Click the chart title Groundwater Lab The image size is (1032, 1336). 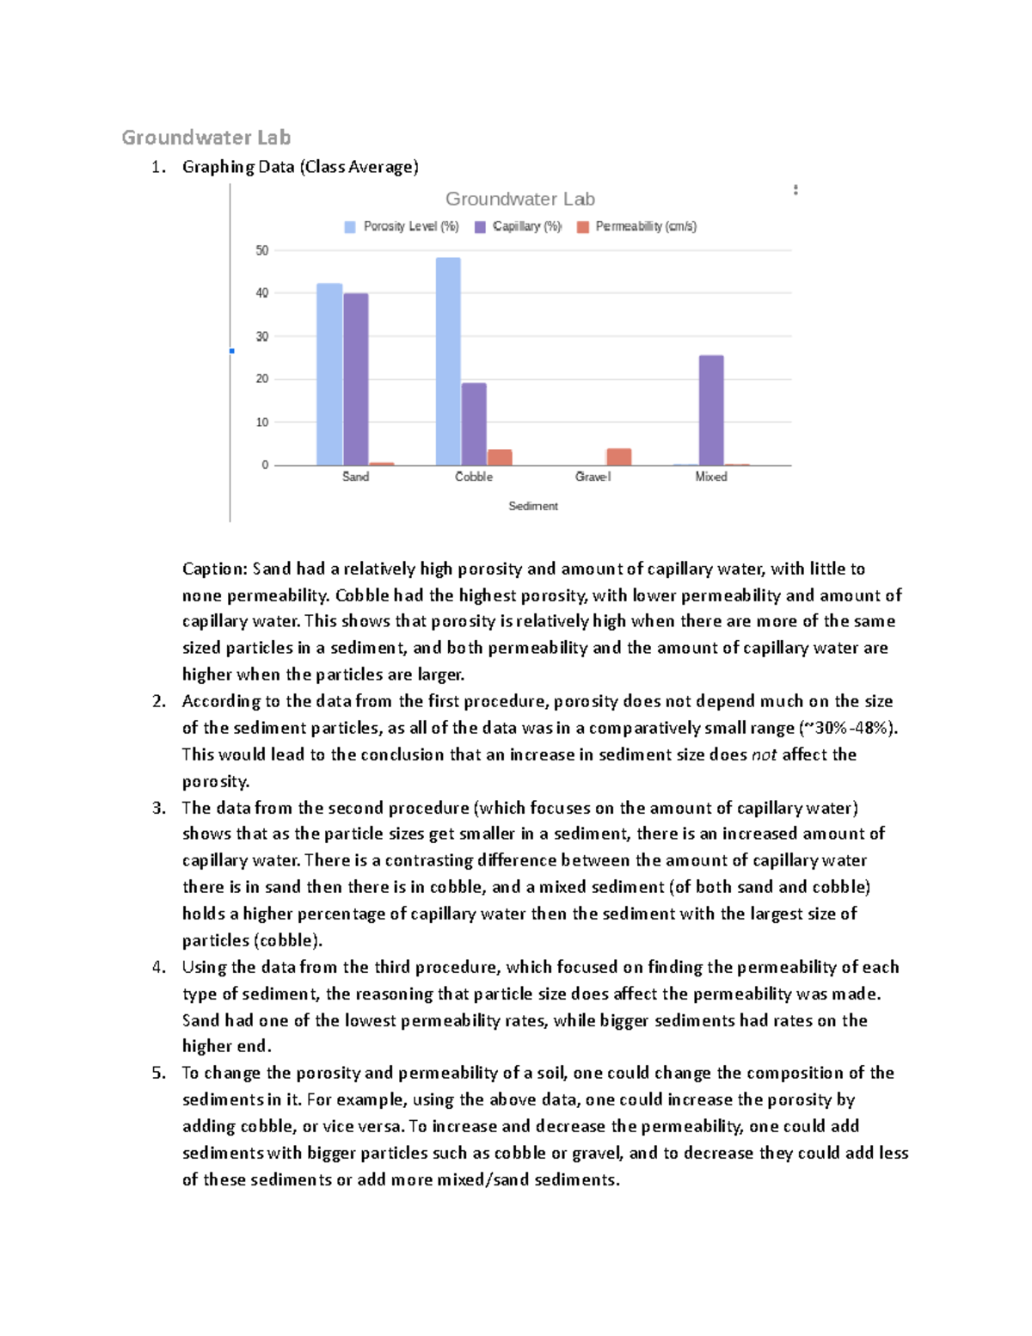click(519, 199)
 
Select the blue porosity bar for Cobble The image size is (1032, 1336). click(448, 361)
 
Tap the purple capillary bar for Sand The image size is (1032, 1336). click(356, 379)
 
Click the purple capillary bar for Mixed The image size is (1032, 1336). click(711, 409)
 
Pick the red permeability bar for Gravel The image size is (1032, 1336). click(618, 457)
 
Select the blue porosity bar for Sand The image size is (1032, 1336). click(329, 374)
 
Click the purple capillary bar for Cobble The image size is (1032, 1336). click(474, 423)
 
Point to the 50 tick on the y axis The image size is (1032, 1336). click(262, 250)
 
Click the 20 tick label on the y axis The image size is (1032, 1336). click(262, 379)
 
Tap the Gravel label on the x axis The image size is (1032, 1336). click(593, 477)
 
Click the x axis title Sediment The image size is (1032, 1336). click(532, 506)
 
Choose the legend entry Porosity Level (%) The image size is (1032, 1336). click(402, 226)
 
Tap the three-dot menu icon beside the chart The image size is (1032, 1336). click(795, 190)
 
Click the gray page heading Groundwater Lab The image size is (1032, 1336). click(206, 138)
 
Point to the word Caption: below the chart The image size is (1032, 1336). click(214, 569)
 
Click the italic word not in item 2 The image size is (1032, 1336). click(764, 754)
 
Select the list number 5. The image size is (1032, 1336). click(158, 1073)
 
